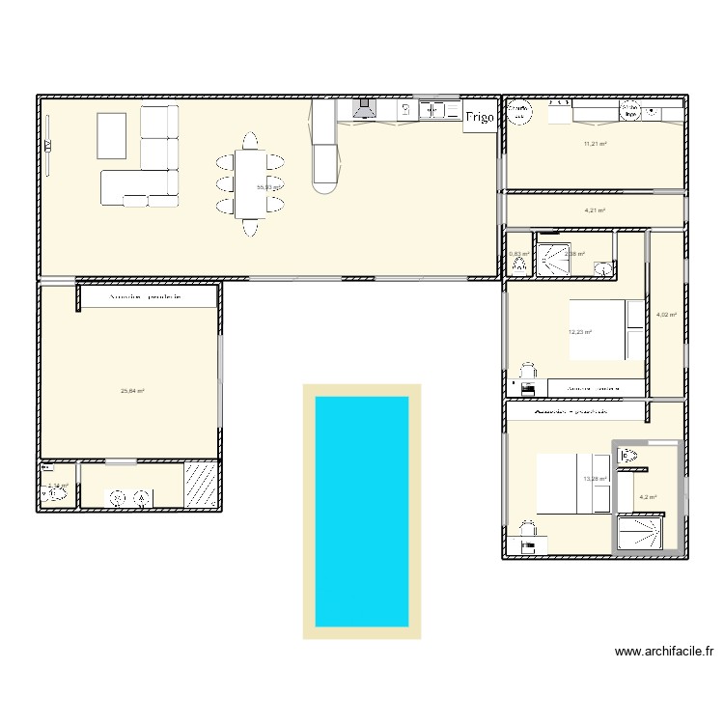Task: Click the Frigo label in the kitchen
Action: [480, 118]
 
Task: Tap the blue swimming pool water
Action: [362, 511]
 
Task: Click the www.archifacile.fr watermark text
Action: [664, 653]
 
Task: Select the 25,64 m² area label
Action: [132, 391]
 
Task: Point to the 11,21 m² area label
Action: [595, 144]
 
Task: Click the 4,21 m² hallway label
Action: [595, 210]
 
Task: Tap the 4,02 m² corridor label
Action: [666, 315]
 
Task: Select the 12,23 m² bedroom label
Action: [580, 332]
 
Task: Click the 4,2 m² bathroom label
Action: [648, 498]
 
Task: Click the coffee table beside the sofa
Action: [111, 135]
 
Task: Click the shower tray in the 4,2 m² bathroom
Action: [640, 533]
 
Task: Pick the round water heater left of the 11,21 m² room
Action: [521, 112]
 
